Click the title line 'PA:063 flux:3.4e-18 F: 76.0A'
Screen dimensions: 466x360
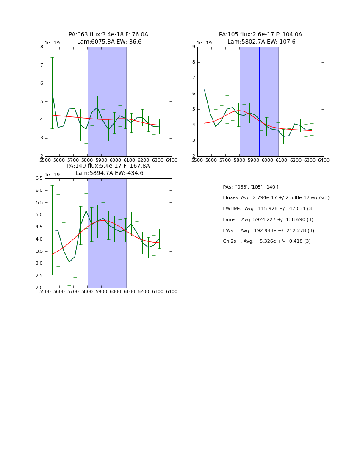tap(108, 35)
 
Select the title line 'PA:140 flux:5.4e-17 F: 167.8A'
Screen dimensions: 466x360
tap(108, 166)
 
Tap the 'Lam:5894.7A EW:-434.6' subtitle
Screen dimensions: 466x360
tap(109, 173)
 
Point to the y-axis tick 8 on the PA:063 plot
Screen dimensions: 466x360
tap(41, 47)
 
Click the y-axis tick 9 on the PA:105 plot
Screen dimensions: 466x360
tap(193, 47)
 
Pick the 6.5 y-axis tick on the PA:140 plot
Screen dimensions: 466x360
tap(39, 178)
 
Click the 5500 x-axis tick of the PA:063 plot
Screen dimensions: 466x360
tap(45, 160)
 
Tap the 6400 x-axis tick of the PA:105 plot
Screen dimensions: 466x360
tap(324, 160)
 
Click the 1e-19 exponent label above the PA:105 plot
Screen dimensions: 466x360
tap(205, 43)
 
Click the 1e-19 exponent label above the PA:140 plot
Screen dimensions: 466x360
tap(52, 175)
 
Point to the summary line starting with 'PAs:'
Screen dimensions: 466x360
tap(251, 187)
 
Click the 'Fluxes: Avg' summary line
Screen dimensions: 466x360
tap(276, 198)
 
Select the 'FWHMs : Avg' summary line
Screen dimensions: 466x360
tap(268, 209)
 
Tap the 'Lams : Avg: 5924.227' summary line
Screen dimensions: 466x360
tap(268, 220)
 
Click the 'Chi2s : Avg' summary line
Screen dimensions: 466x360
tap(267, 241)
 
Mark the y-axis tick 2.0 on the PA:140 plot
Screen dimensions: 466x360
tap(39, 288)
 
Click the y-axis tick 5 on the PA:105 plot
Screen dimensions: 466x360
tap(193, 109)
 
